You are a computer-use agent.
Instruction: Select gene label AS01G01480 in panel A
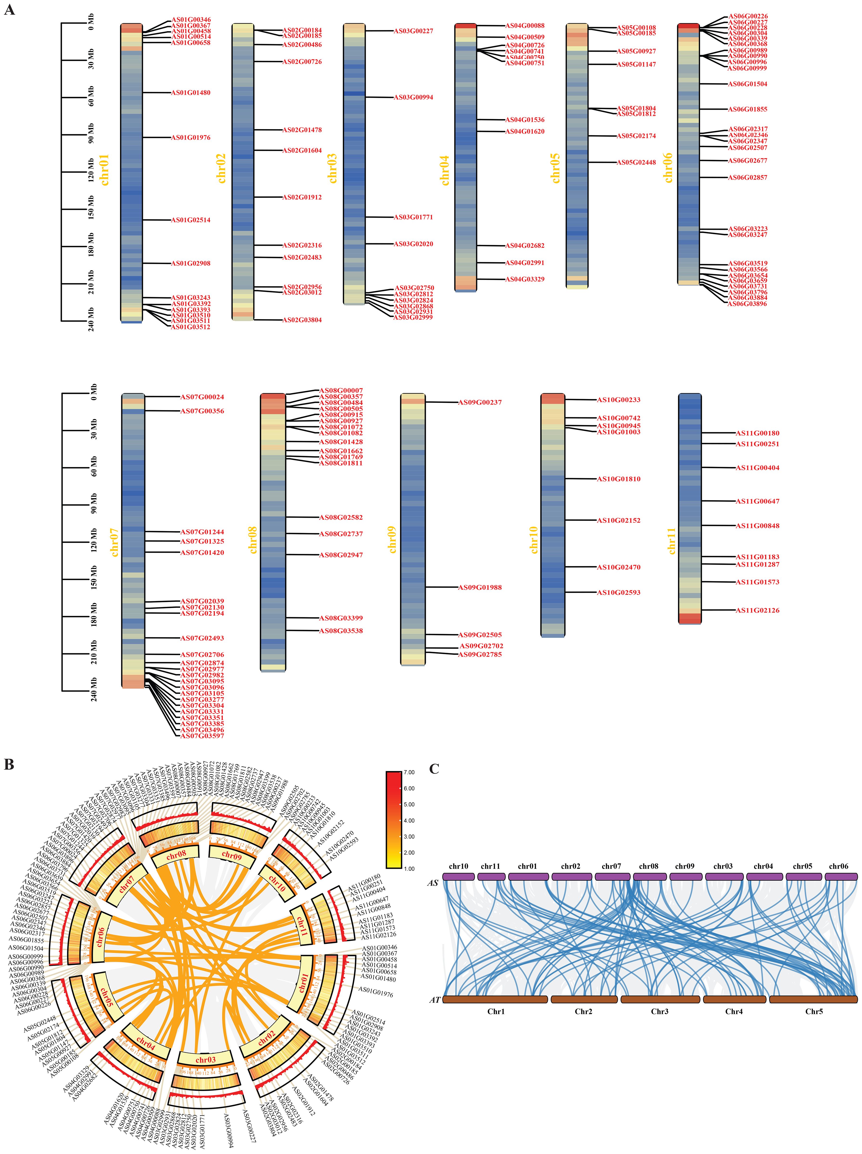point(191,93)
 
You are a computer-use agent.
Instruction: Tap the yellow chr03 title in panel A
point(332,168)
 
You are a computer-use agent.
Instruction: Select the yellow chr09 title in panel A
point(392,539)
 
